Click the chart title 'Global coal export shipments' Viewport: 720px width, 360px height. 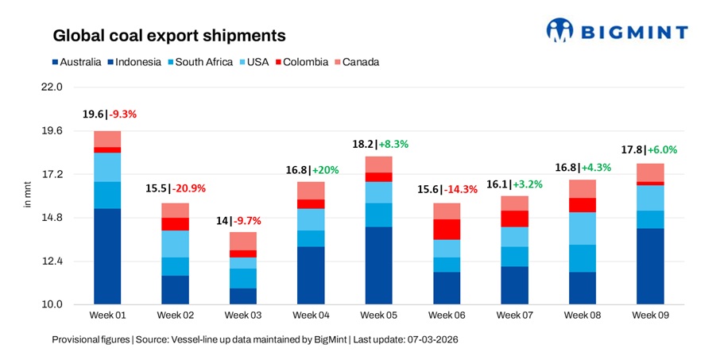pyautogui.click(x=168, y=36)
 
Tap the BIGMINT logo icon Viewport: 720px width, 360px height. pyautogui.click(x=561, y=31)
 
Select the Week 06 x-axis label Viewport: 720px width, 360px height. pyautogui.click(x=446, y=315)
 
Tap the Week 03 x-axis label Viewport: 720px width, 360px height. pyautogui.click(x=242, y=315)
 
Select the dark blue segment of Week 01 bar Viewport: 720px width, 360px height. pyautogui.click(x=107, y=256)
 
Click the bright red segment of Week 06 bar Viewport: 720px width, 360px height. pyautogui.click(x=446, y=229)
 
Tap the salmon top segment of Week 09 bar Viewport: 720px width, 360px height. pyautogui.click(x=650, y=172)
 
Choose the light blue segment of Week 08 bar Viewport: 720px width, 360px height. pyautogui.click(x=582, y=228)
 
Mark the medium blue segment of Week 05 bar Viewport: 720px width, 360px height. pyautogui.click(x=378, y=215)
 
